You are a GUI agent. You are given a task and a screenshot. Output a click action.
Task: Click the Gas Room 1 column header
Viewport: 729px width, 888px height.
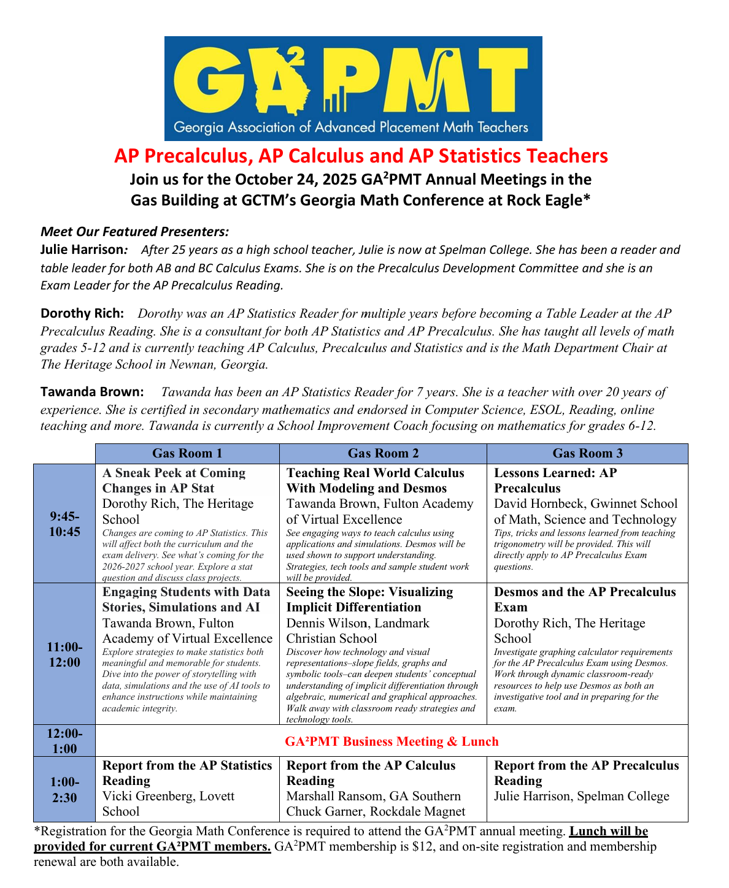(x=187, y=453)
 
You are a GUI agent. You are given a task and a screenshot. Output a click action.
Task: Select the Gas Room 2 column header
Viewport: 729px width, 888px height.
(x=383, y=453)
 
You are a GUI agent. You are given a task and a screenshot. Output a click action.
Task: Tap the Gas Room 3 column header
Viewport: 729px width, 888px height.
(x=587, y=453)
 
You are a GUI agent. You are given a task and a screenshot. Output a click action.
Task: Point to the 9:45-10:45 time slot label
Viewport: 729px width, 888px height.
(x=64, y=524)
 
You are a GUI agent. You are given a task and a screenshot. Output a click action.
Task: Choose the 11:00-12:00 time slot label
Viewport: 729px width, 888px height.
(x=64, y=654)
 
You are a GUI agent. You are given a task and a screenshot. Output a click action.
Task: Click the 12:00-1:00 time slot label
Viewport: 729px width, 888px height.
(x=64, y=741)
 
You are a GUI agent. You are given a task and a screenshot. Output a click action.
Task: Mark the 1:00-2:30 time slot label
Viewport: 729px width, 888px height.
(x=64, y=789)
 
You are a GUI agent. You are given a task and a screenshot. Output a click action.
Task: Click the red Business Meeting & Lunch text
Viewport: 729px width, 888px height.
(x=391, y=741)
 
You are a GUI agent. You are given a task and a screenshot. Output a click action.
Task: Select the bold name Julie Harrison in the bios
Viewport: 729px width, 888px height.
(x=82, y=250)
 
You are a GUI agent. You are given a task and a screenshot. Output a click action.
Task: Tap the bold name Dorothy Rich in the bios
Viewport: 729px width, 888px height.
(x=82, y=313)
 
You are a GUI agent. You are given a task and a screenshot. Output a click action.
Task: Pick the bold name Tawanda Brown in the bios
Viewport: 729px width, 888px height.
(x=92, y=391)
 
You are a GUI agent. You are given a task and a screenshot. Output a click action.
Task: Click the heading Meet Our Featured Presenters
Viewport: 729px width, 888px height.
(x=134, y=231)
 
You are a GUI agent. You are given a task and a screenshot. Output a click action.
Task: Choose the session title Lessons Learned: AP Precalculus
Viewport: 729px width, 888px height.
(x=555, y=480)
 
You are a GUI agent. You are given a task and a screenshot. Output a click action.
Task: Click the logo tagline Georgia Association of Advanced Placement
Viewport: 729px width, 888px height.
(x=351, y=128)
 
